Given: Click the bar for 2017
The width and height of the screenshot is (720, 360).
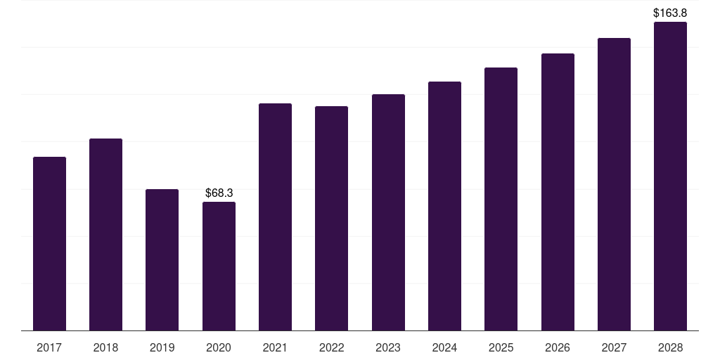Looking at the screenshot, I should [x=49, y=243].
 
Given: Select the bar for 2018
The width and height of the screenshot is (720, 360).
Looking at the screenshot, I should [x=105, y=234].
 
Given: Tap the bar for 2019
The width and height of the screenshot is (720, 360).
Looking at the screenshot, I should [x=162, y=259].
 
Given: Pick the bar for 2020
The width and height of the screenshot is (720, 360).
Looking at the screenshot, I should [x=219, y=266].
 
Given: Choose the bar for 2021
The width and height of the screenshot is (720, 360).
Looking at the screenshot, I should [x=275, y=217].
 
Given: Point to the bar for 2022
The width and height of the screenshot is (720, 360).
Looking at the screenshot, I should [x=331, y=218].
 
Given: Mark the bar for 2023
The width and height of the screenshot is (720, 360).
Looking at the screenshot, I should [x=388, y=212].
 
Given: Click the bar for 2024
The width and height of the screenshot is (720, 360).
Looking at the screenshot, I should [x=444, y=206].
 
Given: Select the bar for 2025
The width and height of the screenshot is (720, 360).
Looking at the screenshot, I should [x=501, y=199].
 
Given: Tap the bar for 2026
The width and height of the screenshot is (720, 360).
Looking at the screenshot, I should [x=558, y=192].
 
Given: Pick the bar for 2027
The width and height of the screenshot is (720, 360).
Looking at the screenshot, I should [x=614, y=184].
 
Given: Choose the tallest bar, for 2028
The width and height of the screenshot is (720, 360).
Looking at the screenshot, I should [x=670, y=176].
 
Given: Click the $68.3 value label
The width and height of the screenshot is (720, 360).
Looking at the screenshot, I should [x=219, y=193].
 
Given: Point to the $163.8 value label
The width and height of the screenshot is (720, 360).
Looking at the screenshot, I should [x=670, y=13].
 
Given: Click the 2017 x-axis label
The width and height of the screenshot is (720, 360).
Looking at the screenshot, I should [x=49, y=347].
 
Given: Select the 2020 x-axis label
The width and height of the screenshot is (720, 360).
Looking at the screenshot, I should [x=219, y=347].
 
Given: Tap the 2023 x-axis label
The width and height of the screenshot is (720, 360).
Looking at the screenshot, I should [x=388, y=347].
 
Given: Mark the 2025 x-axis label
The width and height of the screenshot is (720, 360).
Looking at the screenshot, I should [x=501, y=347].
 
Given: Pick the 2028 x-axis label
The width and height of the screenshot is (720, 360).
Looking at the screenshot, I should [x=670, y=347].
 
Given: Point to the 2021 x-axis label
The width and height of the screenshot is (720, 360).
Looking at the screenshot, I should [x=275, y=347].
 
